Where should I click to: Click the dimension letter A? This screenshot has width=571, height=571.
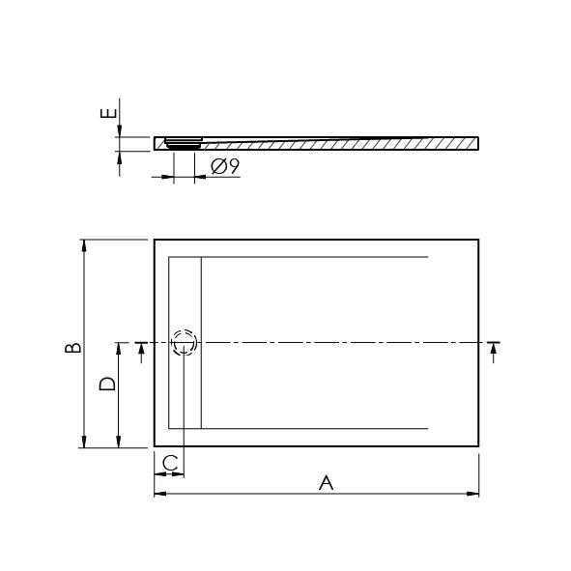[326, 482]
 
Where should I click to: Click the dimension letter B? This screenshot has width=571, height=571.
[72, 348]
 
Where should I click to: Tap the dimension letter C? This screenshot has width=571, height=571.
[170, 463]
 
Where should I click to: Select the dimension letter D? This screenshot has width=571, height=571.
[107, 384]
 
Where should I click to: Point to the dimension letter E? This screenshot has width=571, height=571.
[108, 113]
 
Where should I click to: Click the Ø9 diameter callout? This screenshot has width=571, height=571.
[225, 166]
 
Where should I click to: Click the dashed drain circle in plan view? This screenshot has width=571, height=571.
[185, 343]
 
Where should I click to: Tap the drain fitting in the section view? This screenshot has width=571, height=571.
[184, 143]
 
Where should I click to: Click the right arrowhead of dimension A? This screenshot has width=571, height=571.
[472, 494]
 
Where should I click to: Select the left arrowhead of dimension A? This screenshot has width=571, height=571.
[160, 494]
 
